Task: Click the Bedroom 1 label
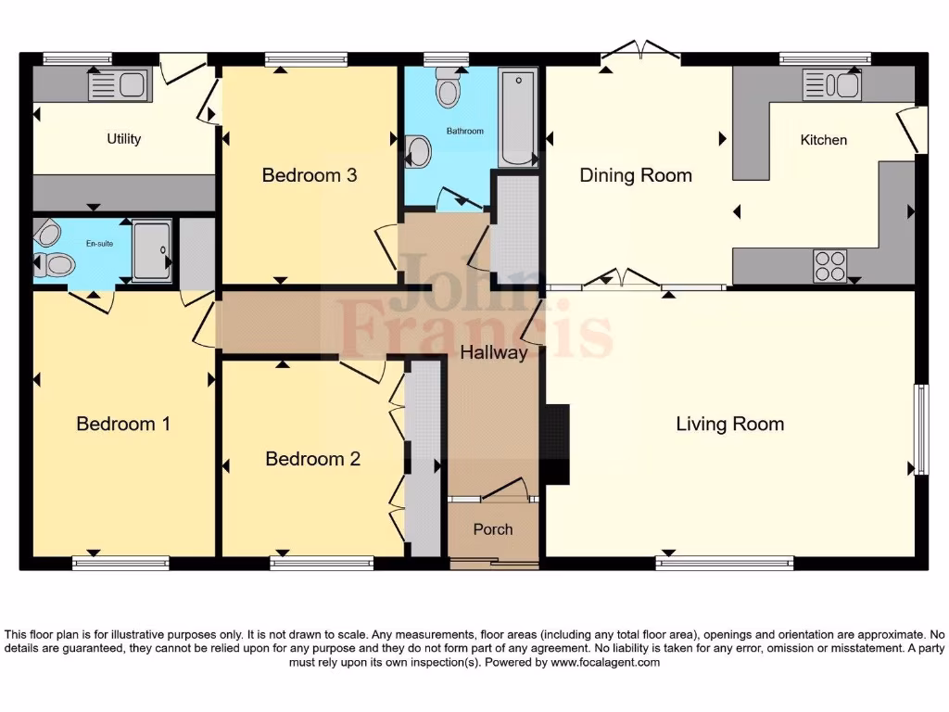(x=123, y=424)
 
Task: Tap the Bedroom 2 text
(x=312, y=459)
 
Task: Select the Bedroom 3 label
(x=310, y=175)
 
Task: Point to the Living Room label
(x=729, y=425)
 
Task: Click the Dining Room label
(x=636, y=175)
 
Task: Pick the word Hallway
(x=494, y=352)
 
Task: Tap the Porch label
(x=493, y=529)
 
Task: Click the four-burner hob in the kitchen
(x=829, y=266)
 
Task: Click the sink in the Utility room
(x=119, y=87)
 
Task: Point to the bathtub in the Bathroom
(x=518, y=118)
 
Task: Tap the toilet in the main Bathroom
(x=449, y=87)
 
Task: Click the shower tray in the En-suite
(x=152, y=250)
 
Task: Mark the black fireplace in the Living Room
(x=556, y=444)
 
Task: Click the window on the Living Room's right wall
(x=920, y=429)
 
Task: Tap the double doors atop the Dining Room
(x=639, y=54)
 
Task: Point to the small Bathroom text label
(x=465, y=131)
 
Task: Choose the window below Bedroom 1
(x=120, y=562)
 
